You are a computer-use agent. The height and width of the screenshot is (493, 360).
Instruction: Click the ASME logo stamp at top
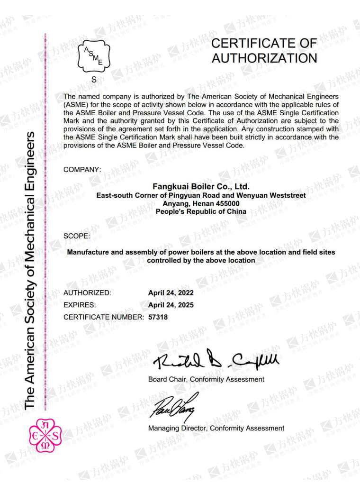click(94, 57)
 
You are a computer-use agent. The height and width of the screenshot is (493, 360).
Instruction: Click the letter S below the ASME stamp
click(94, 80)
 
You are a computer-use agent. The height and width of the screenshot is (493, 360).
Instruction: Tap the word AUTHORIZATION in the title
click(264, 58)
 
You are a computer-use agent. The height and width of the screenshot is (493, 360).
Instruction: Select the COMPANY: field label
click(82, 169)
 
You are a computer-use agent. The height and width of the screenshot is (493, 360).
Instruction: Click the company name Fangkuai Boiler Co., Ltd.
click(201, 186)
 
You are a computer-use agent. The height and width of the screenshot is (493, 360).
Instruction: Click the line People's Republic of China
click(201, 211)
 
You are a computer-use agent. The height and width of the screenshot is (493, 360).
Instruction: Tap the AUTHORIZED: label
click(87, 292)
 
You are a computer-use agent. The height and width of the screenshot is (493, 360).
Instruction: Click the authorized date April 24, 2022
click(171, 292)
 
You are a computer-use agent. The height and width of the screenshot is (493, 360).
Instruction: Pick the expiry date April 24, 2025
click(171, 305)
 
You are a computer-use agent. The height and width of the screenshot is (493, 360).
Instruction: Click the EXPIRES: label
click(80, 305)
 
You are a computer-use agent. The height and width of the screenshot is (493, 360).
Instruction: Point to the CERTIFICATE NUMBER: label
click(103, 317)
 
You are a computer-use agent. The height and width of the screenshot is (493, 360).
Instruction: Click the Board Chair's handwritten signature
click(216, 361)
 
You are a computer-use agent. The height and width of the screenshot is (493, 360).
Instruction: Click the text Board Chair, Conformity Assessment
click(206, 379)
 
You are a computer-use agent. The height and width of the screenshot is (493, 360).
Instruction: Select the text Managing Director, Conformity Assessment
click(216, 428)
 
